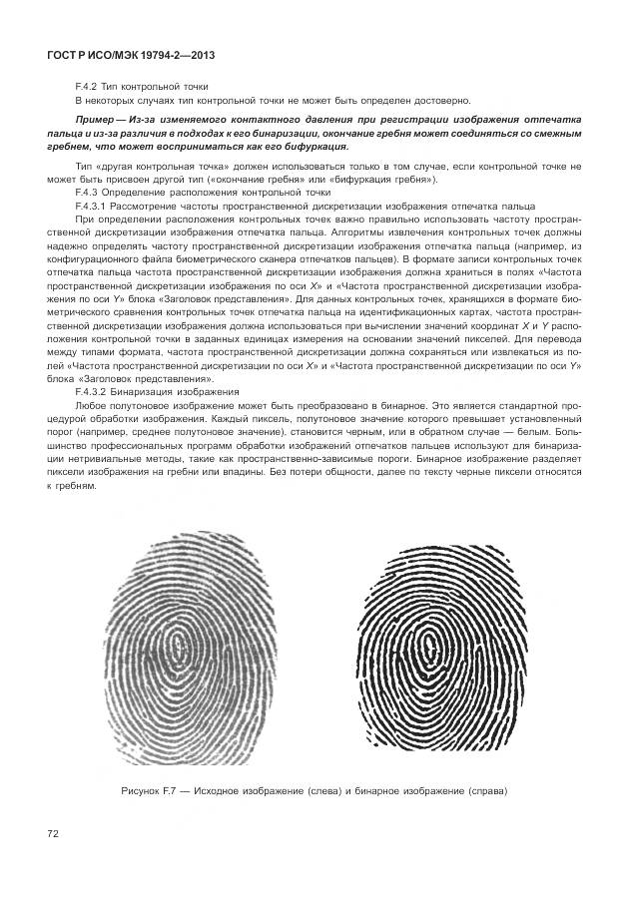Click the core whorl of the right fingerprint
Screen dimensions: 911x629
[430, 639]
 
